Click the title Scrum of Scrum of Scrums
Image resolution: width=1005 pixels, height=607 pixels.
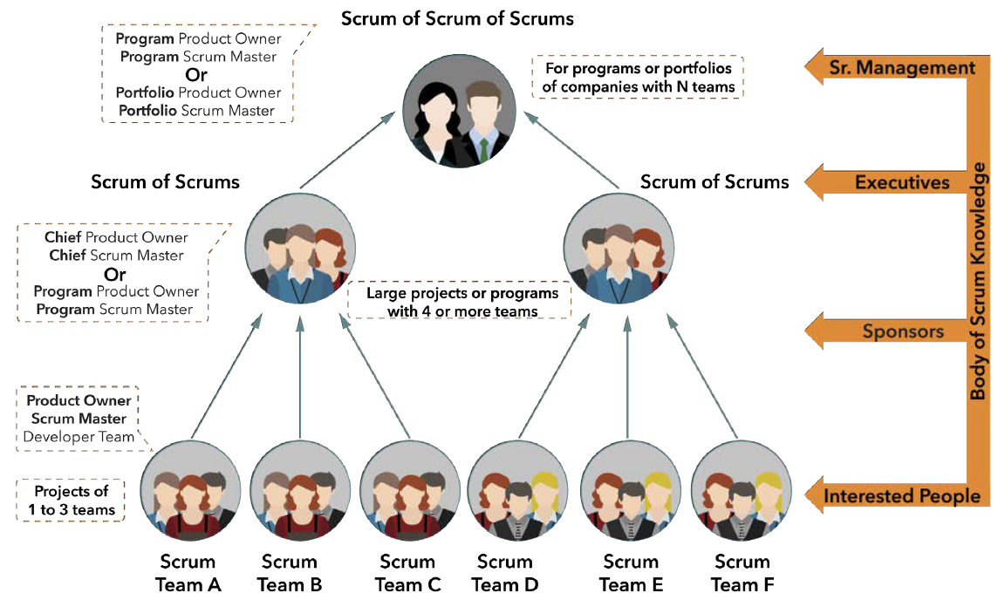tap(457, 17)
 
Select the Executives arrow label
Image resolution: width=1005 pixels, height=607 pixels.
tap(901, 181)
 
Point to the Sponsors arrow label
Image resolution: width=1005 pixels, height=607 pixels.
tap(903, 331)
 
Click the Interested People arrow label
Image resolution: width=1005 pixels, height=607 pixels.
tap(902, 496)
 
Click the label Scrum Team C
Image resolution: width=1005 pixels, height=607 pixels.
tap(407, 573)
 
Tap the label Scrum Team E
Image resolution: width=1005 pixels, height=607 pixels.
tap(631, 573)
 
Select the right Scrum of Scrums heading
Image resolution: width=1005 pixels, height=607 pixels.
tap(714, 181)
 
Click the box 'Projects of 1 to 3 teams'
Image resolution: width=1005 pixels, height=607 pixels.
tap(68, 500)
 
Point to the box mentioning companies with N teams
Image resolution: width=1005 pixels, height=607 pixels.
tap(638, 77)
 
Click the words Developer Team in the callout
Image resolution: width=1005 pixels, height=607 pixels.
tap(79, 437)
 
